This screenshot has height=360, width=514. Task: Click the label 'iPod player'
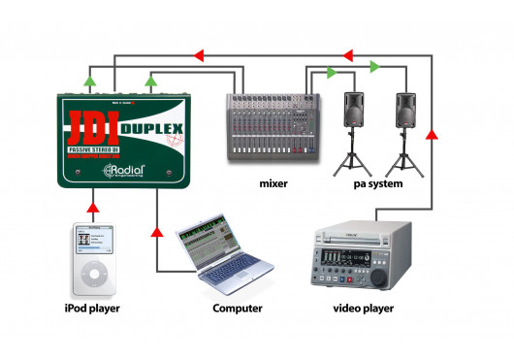(94, 309)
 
